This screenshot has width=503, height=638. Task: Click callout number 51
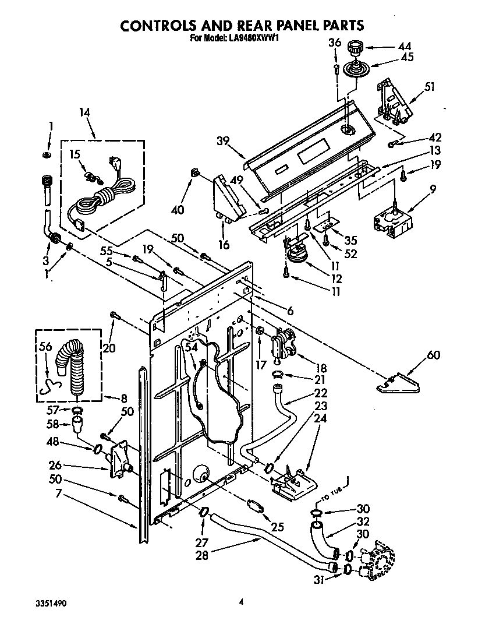(430, 87)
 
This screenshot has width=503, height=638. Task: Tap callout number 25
(278, 527)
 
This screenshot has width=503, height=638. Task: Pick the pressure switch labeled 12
(297, 254)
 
